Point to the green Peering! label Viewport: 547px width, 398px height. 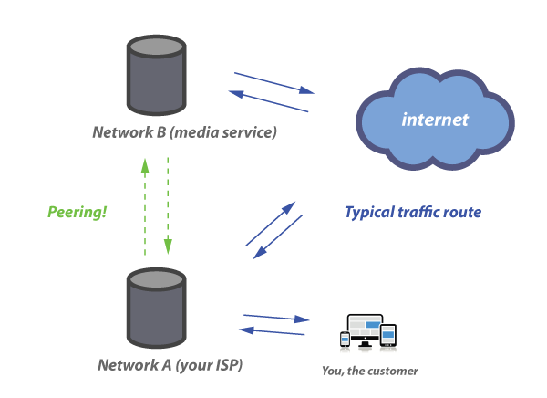77,212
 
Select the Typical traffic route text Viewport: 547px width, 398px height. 412,213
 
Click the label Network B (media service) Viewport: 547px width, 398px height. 184,132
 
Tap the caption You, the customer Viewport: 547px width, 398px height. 370,371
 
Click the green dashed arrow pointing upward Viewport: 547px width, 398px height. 145,206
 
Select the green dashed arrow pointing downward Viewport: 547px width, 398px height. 169,206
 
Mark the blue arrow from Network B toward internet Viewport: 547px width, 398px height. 273,82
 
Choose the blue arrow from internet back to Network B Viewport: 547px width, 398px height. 268,101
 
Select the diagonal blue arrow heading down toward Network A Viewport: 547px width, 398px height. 279,236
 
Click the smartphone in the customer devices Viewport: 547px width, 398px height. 345,340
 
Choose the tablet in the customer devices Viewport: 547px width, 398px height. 388,335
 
